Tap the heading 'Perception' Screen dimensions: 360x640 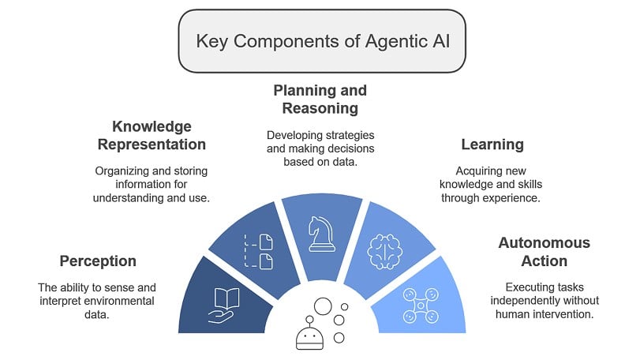(98, 261)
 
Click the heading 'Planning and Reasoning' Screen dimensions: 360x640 (320, 99)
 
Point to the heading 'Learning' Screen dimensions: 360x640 (492, 144)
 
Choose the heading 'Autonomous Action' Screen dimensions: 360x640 (544, 252)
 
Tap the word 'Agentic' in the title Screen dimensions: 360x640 (389, 41)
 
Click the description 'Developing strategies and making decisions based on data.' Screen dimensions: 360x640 (320, 148)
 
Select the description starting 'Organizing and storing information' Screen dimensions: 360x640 (152, 184)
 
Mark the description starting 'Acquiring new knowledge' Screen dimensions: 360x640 (497, 184)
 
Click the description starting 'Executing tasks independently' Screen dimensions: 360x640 (544, 303)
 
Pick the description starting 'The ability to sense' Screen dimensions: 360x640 (98, 302)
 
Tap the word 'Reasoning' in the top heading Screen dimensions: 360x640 (320, 108)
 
